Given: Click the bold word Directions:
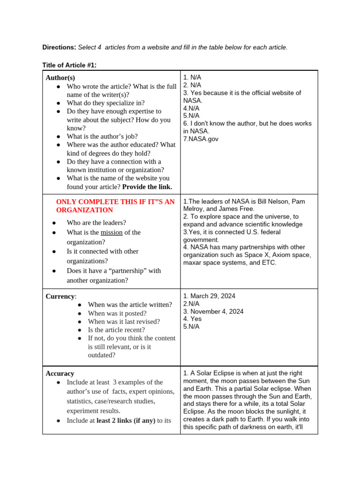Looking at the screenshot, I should (59, 47).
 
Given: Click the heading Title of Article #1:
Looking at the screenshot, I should (69, 65).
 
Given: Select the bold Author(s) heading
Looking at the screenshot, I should (60, 78).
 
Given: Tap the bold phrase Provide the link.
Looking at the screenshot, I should (147, 187).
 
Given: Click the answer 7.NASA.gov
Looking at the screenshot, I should (201, 139).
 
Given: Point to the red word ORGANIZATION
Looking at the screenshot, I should (84, 210).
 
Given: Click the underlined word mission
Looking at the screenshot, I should (112, 232).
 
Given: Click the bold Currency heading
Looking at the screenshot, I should (60, 296).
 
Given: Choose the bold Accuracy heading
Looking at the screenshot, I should (60, 374).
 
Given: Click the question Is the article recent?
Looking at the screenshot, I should (116, 330).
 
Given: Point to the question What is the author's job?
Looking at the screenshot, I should (102, 136).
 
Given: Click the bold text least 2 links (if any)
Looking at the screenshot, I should (126, 420).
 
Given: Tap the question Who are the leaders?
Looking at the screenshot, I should (96, 223).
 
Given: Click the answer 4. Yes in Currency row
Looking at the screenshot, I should (192, 319).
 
